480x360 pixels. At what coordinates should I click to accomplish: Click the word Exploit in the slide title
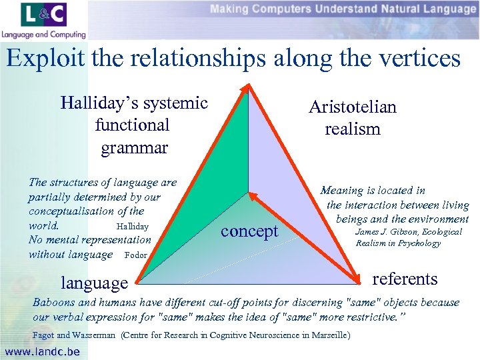coord(43,58)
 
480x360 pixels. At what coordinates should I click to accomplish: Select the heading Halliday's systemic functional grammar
coord(134,125)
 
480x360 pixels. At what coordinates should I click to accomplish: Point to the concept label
coord(249,231)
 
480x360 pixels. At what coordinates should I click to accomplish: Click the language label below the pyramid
coord(94,283)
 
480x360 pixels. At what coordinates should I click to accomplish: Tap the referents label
coord(404,279)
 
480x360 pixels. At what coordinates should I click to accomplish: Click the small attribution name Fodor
coord(136,255)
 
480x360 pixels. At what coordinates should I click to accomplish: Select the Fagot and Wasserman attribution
coord(74,335)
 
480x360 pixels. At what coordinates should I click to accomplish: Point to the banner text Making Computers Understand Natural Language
coord(343,9)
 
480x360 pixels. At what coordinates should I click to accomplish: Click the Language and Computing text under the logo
coord(43,35)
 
